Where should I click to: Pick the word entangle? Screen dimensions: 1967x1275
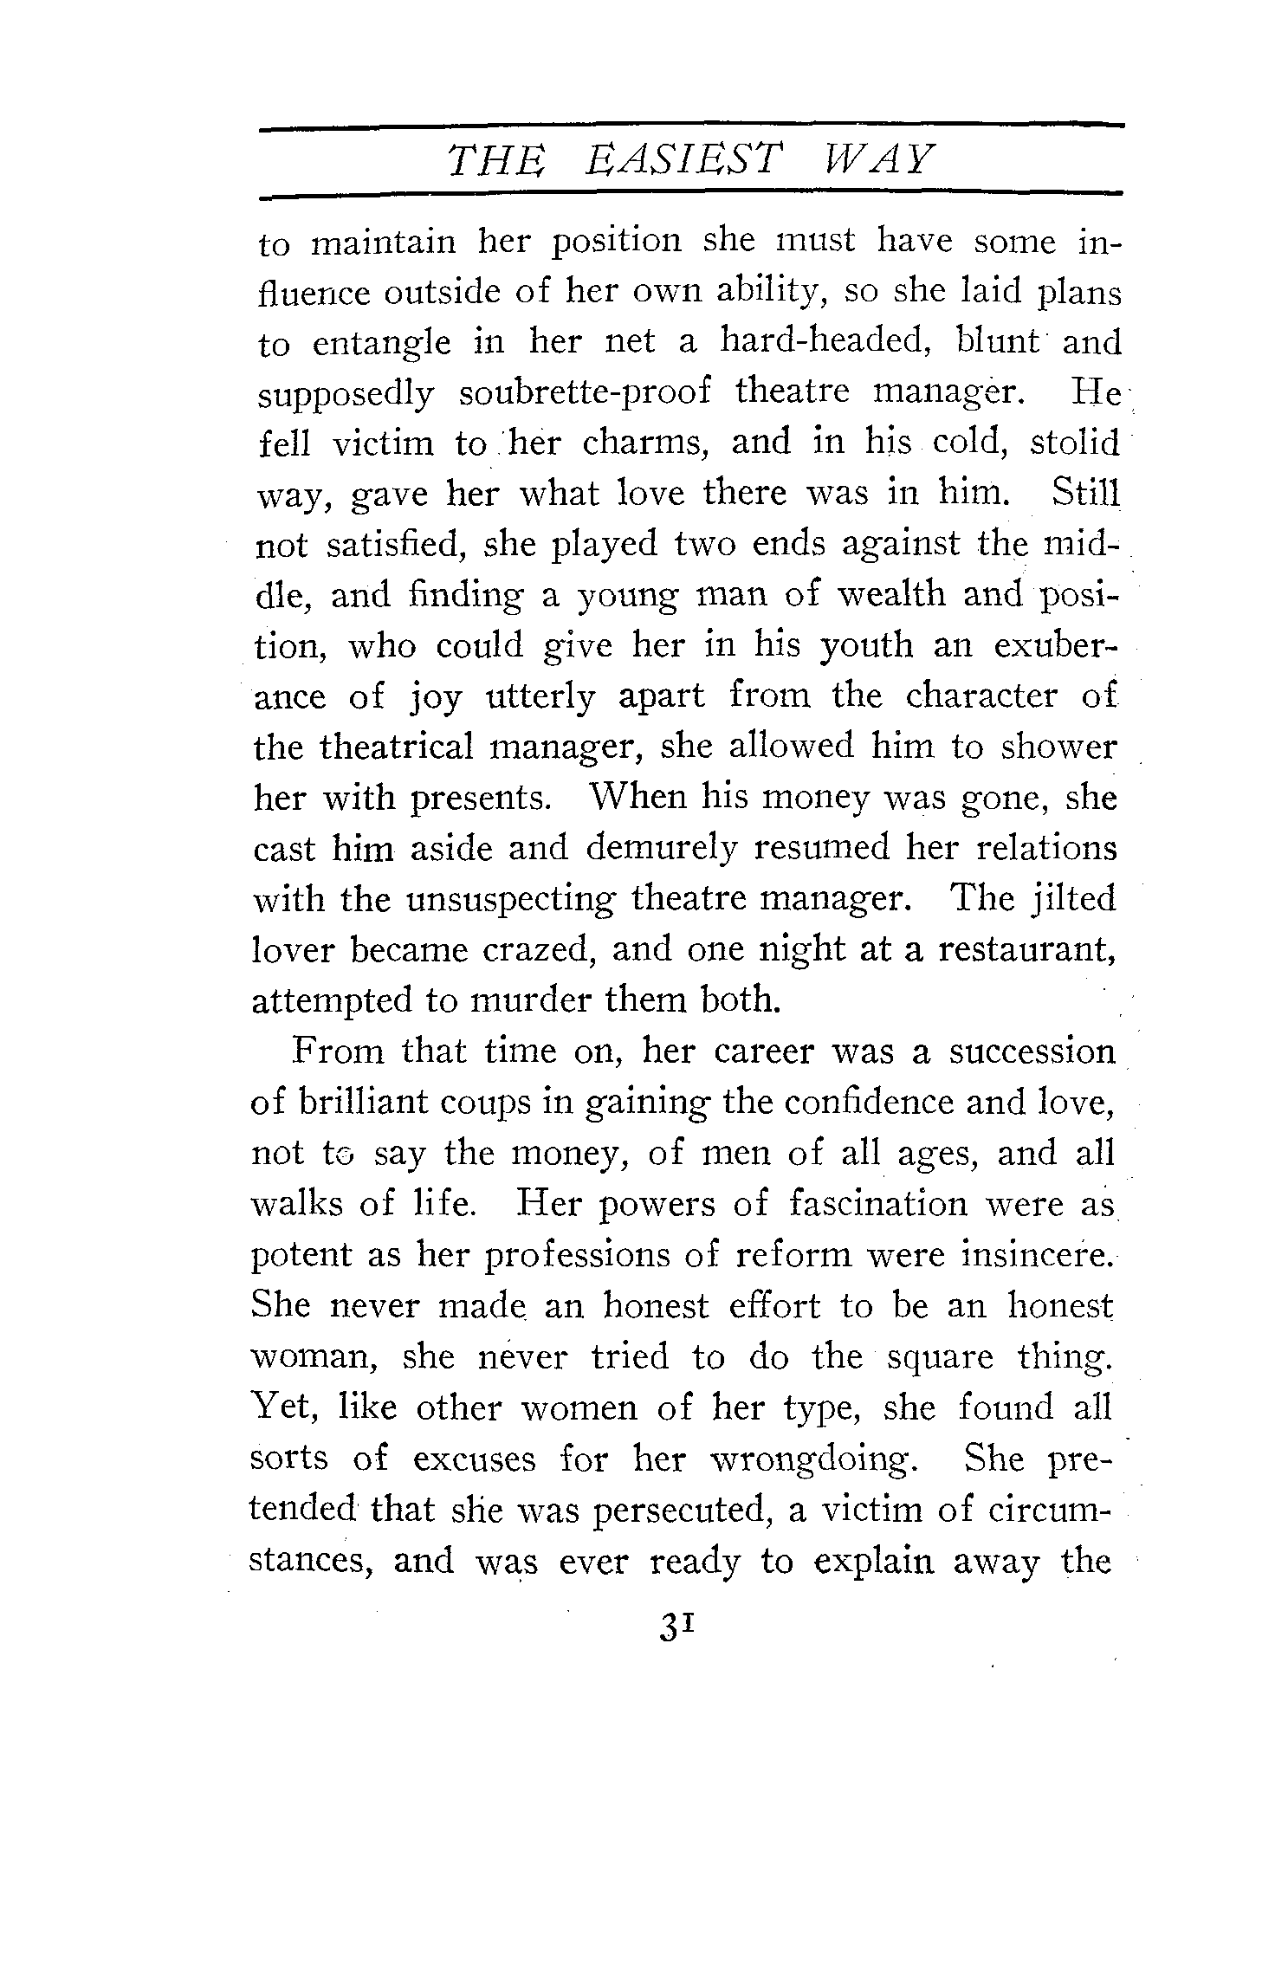(381, 344)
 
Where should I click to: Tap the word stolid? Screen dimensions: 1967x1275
(1075, 443)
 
